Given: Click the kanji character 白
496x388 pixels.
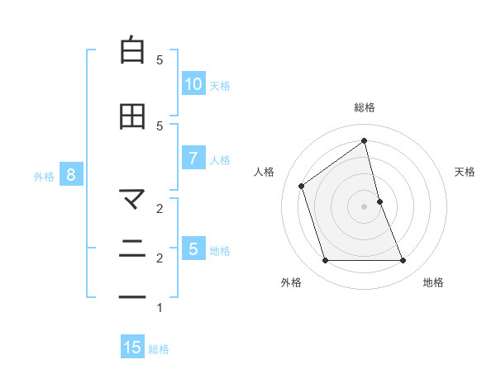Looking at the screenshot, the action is (x=132, y=51).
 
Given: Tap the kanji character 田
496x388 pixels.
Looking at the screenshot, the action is (x=132, y=116).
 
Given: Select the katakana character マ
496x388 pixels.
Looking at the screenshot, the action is (x=132, y=199).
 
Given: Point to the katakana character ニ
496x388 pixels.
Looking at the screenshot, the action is (x=132, y=248).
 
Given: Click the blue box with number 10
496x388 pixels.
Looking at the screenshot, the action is (x=193, y=83).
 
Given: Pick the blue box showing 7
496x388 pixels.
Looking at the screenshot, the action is (x=193, y=159).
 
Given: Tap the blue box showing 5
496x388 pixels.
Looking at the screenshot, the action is (x=193, y=248).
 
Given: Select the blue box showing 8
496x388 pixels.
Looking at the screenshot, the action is (x=71, y=174).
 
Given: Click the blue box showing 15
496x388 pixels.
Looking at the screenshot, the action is (x=132, y=348).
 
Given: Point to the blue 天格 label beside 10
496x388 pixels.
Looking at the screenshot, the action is (x=220, y=85).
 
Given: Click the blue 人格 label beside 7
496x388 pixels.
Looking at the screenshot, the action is (x=220, y=160).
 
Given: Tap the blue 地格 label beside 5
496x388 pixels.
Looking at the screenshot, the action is (x=220, y=250).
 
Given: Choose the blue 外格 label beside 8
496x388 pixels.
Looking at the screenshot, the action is (x=44, y=176).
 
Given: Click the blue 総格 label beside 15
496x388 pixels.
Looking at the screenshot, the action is (x=159, y=349).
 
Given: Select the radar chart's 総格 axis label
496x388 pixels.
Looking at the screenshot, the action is (x=365, y=107).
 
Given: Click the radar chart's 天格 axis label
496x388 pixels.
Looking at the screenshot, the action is (x=465, y=172).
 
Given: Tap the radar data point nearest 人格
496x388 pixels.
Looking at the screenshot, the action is (x=302, y=186).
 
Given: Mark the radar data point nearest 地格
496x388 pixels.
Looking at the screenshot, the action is (x=403, y=261).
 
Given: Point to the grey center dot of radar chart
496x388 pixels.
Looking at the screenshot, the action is (x=365, y=206).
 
